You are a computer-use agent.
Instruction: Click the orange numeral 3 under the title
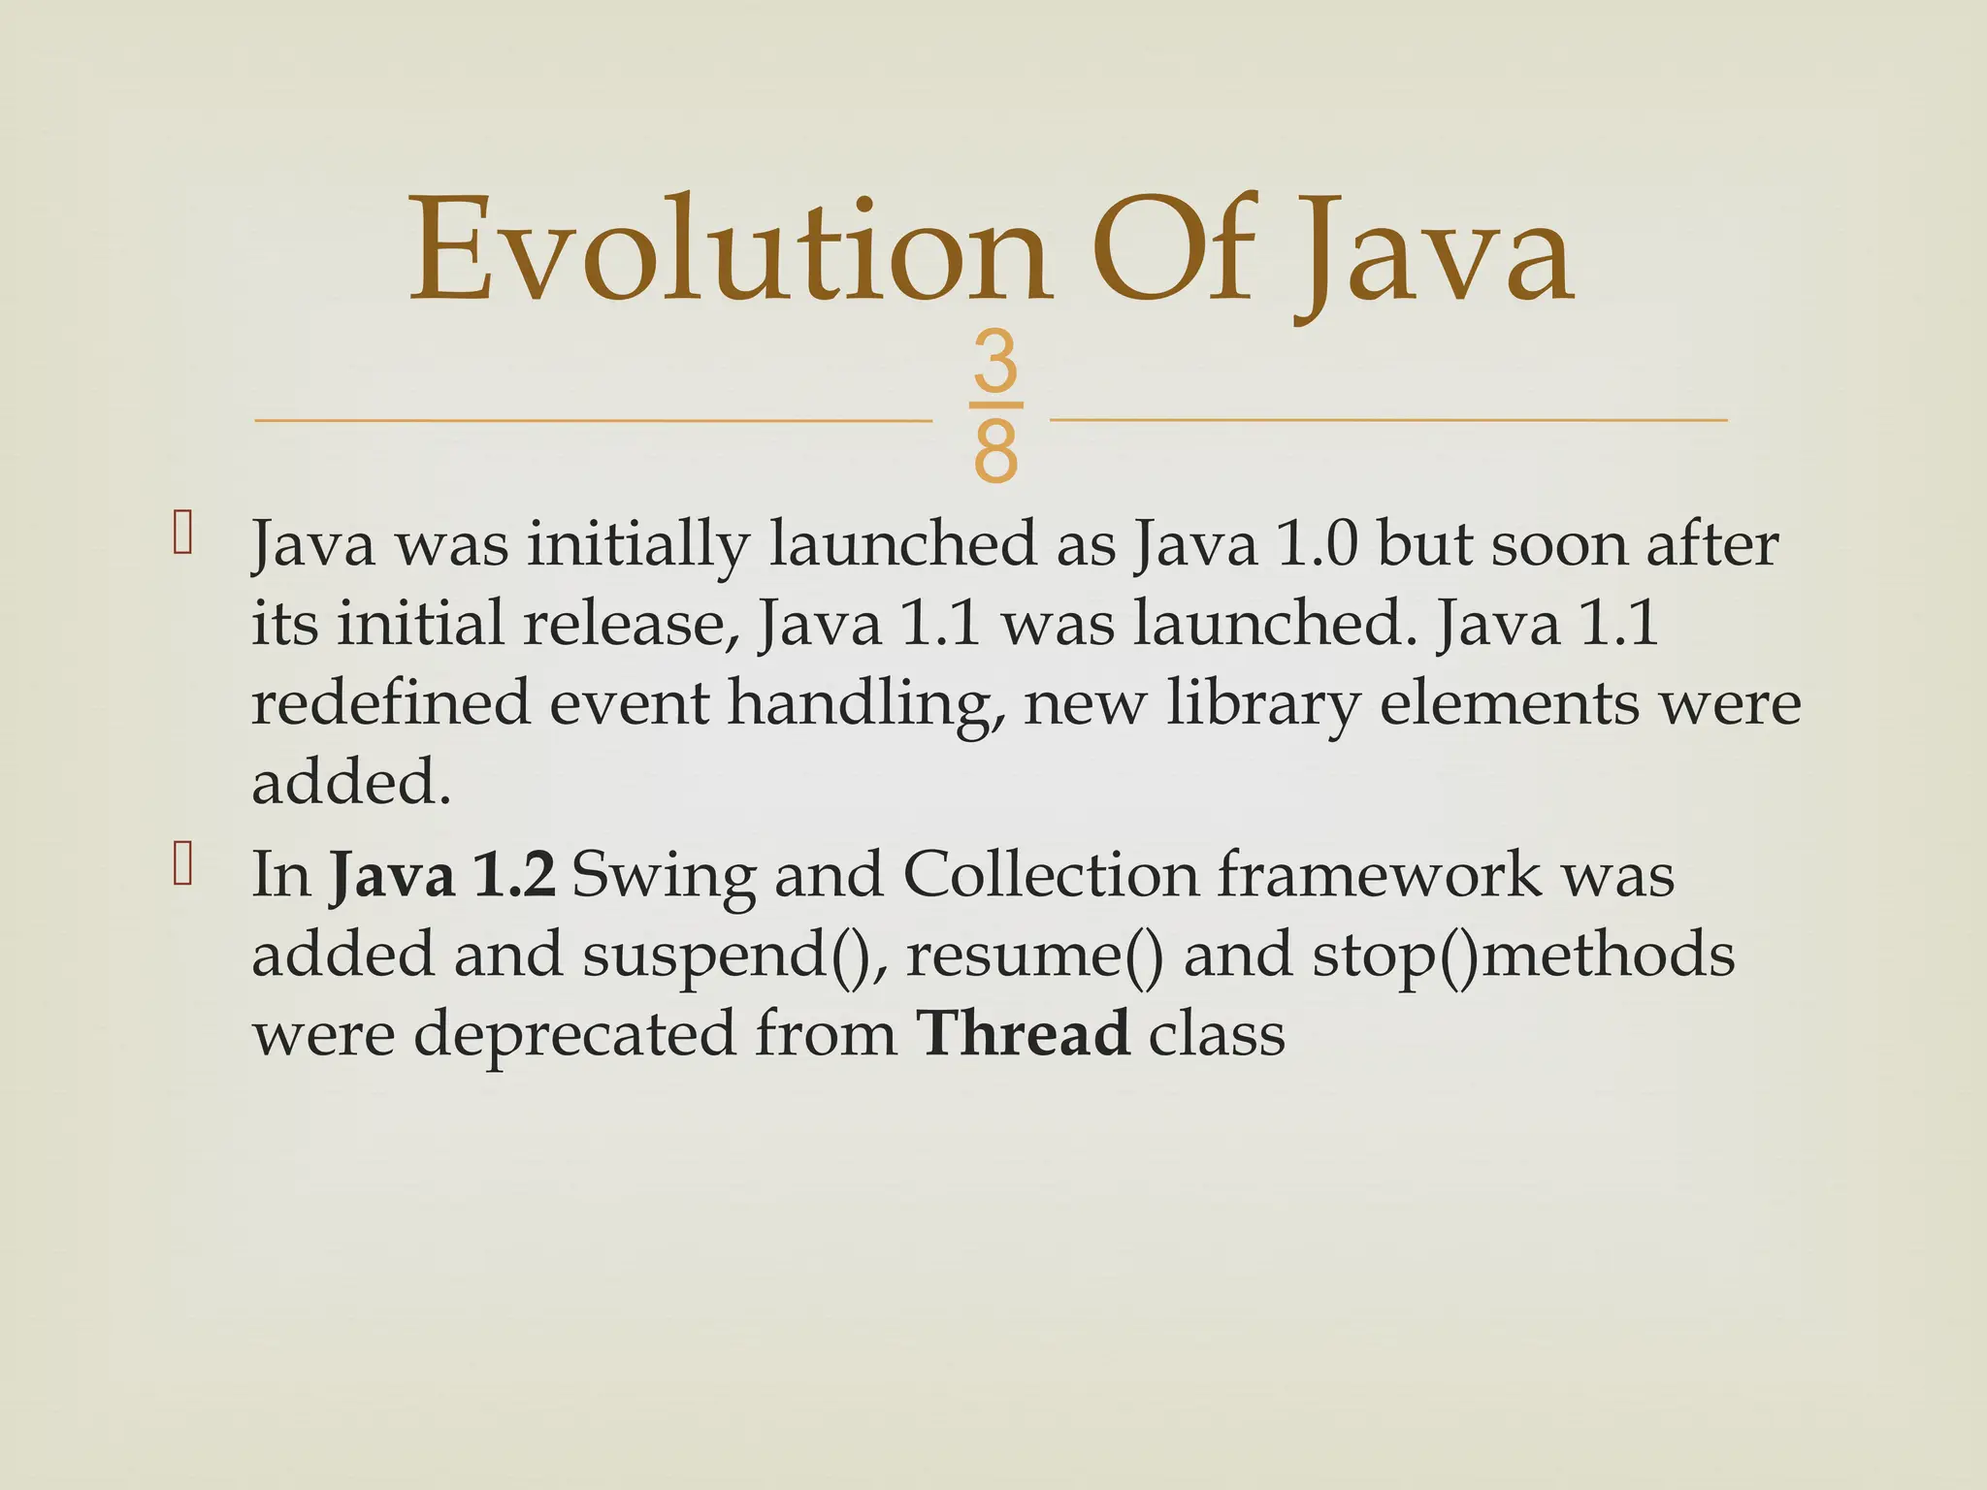click(x=995, y=363)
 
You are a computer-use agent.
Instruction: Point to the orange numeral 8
click(x=995, y=450)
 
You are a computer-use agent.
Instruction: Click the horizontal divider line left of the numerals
click(x=592, y=421)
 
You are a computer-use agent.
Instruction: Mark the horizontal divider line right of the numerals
click(x=1387, y=420)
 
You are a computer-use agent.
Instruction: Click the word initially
click(x=638, y=546)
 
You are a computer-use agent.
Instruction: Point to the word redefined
click(x=391, y=703)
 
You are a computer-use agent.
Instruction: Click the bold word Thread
click(x=1024, y=1034)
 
